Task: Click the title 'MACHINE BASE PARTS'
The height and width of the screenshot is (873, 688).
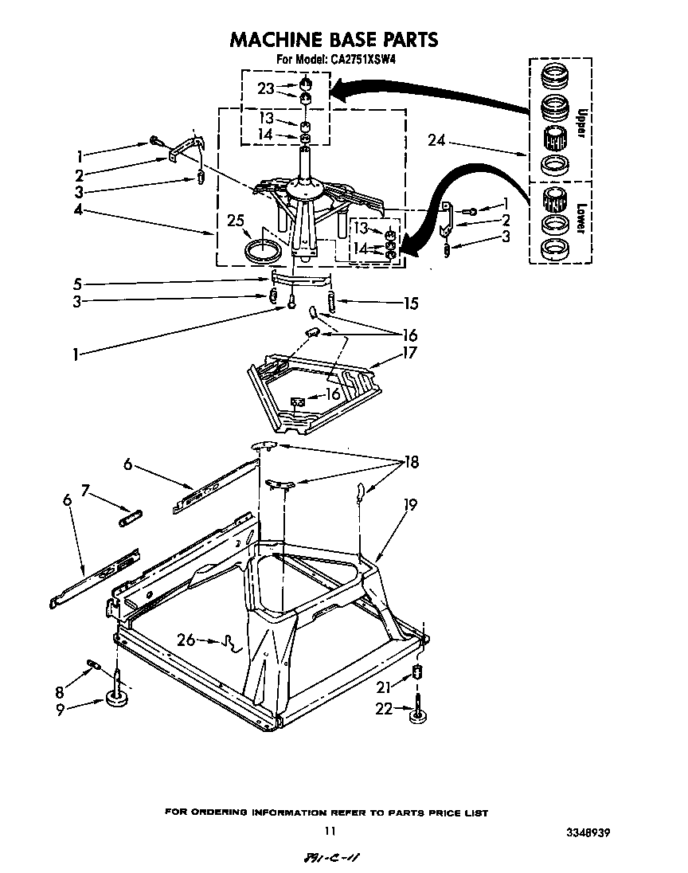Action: pyautogui.click(x=334, y=39)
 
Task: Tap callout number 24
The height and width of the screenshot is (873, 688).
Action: pyautogui.click(x=436, y=143)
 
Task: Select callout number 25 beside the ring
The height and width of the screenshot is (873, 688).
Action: pyautogui.click(x=234, y=221)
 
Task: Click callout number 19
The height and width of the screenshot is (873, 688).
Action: pyautogui.click(x=410, y=504)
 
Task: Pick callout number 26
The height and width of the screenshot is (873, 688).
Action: pyautogui.click(x=185, y=640)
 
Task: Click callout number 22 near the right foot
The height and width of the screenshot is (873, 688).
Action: pyautogui.click(x=384, y=708)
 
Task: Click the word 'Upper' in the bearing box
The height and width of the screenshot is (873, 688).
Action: pyautogui.click(x=580, y=123)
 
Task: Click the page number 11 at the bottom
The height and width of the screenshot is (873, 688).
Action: pyautogui.click(x=330, y=832)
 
